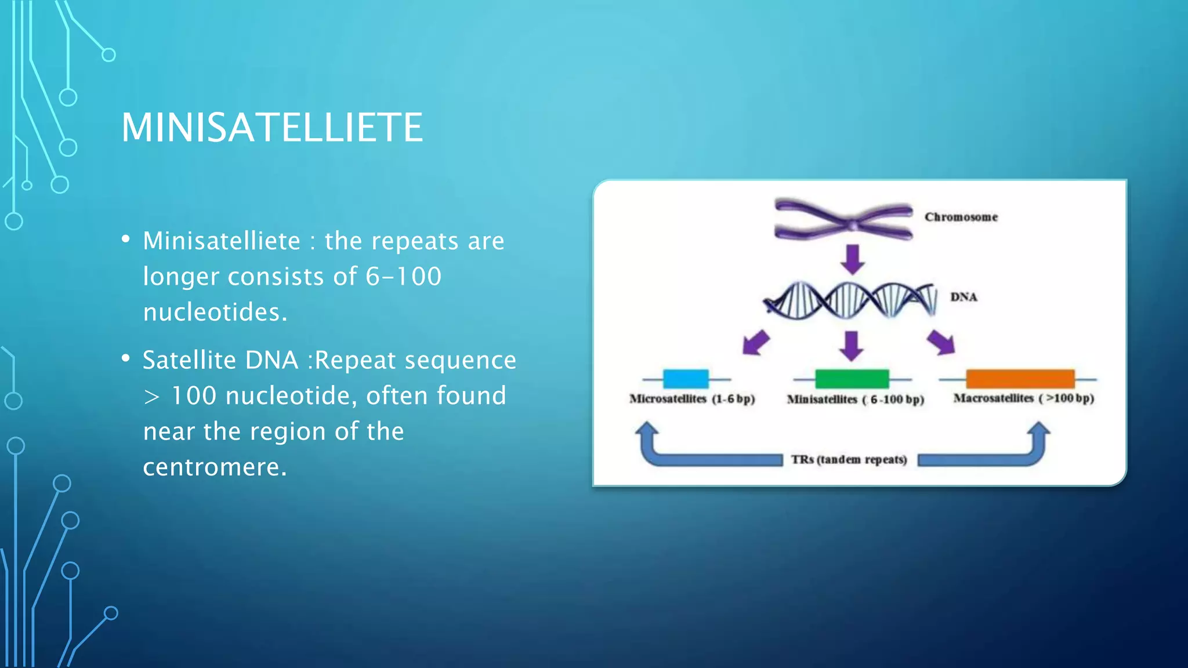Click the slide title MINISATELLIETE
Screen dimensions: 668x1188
[271, 128]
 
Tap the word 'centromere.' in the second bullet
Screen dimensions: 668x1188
[215, 467]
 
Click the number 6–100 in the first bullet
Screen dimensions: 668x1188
[403, 277]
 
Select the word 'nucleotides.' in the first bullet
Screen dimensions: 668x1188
[215, 313]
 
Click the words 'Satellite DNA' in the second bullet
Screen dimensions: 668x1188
[220, 360]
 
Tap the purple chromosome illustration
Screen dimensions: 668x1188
[844, 220]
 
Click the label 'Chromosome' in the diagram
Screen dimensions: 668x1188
[961, 217]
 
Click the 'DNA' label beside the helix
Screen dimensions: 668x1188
[964, 297]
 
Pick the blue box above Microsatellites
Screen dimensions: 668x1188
[686, 379]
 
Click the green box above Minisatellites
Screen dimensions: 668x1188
[852, 379]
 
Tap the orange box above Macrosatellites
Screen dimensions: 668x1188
[1020, 379]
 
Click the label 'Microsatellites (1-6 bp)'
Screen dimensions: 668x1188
[692, 399]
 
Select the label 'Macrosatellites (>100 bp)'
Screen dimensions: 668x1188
[1023, 398]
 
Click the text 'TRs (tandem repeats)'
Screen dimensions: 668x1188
[849, 460]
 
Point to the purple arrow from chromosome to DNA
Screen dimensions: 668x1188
[853, 259]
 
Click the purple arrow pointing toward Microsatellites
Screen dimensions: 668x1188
[755, 342]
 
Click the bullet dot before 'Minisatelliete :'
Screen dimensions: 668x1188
[125, 239]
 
